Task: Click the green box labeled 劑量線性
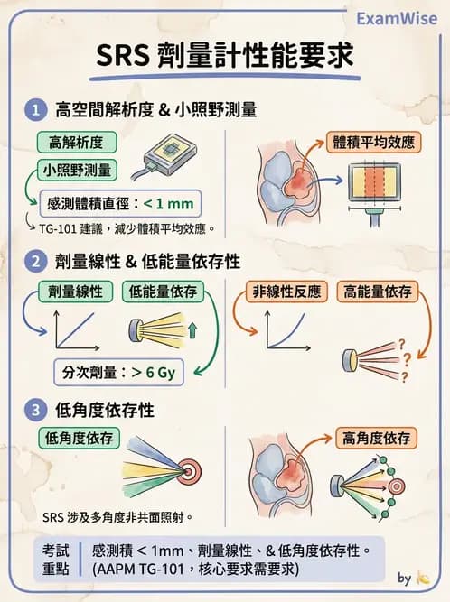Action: coord(75,292)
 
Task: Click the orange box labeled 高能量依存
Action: coord(377,292)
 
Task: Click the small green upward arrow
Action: coord(192,332)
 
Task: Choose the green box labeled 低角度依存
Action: coord(80,437)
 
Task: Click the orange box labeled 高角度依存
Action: coord(377,439)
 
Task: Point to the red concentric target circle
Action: coord(192,470)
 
